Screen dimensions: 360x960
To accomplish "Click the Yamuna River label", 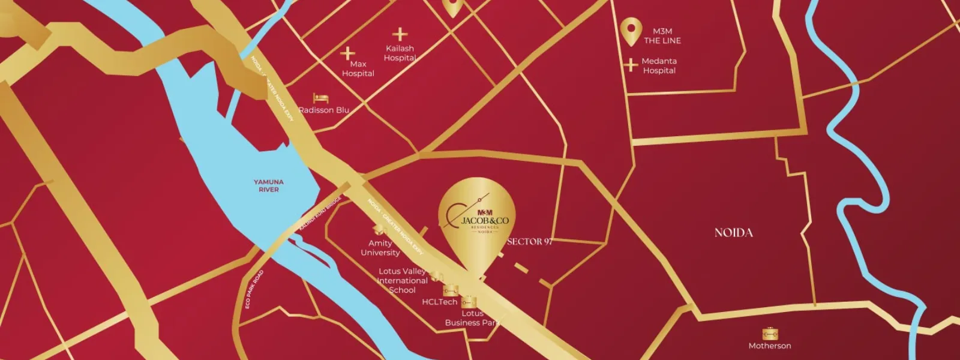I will [268, 185].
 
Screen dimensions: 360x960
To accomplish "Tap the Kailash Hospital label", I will [400, 53].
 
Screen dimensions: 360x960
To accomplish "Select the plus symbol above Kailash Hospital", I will [400, 34].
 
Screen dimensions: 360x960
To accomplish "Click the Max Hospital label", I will [358, 68].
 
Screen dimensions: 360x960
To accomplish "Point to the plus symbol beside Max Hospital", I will [347, 53].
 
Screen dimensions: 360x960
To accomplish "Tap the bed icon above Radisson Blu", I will [320, 98].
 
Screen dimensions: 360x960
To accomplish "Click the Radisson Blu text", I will [323, 110].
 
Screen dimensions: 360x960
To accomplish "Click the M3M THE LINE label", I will [662, 35].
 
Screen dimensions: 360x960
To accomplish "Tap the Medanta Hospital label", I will [659, 65].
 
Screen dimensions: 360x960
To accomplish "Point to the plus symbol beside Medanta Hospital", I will [630, 65].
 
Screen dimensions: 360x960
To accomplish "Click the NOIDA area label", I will [733, 232].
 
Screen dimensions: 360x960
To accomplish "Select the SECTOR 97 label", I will [529, 241].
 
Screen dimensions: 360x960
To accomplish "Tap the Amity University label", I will [380, 247].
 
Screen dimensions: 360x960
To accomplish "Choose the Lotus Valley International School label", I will [402, 280].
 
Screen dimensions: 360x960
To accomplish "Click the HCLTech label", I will [439, 302].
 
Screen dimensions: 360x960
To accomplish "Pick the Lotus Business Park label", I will [472, 318].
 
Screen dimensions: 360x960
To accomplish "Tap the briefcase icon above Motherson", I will [770, 334].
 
